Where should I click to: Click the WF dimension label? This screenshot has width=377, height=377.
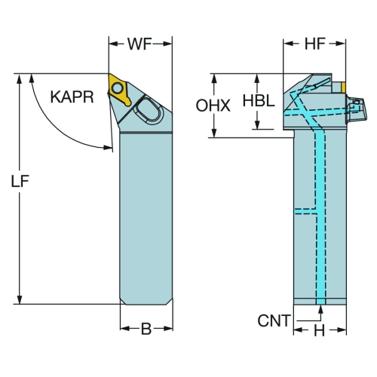click(x=139, y=44)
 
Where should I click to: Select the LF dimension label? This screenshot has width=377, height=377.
click(x=20, y=181)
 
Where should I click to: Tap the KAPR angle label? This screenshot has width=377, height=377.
click(x=72, y=97)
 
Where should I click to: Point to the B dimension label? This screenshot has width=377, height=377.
click(x=146, y=329)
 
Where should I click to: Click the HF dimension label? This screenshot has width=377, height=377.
click(x=315, y=44)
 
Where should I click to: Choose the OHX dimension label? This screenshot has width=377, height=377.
click(x=213, y=106)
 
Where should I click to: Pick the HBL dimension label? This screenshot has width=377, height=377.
click(x=259, y=101)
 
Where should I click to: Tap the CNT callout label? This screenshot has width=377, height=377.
click(x=274, y=320)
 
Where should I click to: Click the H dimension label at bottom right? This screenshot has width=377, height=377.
click(x=320, y=330)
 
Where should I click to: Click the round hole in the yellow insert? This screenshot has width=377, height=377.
click(x=117, y=87)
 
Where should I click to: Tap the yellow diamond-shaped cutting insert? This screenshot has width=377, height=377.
click(x=118, y=89)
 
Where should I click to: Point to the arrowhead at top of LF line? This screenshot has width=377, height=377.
click(x=19, y=78)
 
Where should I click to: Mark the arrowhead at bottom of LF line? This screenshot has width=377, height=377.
click(x=19, y=299)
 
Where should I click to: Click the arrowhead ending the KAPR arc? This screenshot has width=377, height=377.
click(x=108, y=147)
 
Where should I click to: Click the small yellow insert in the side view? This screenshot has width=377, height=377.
click(x=343, y=87)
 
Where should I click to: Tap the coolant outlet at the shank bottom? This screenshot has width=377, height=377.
click(x=320, y=302)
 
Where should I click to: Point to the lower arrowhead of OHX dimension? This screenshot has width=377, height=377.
click(x=214, y=133)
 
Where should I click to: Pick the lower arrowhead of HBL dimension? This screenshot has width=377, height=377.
click(x=257, y=124)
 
